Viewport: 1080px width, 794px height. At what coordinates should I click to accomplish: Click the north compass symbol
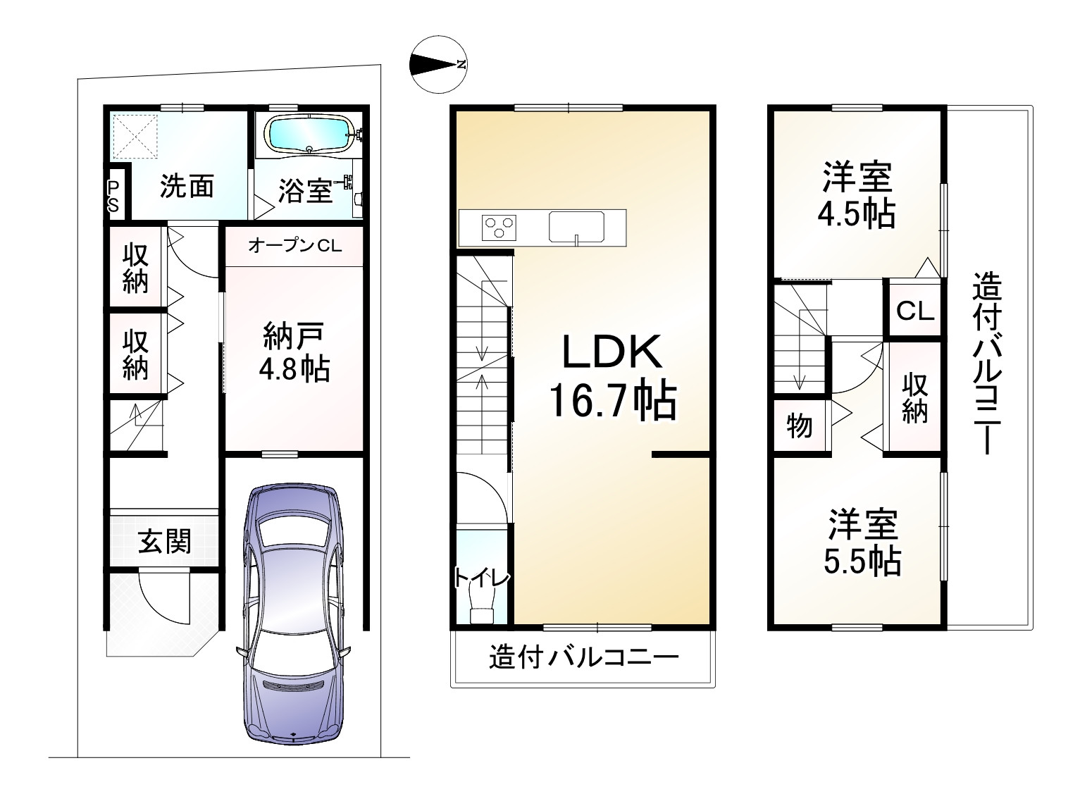point(437,64)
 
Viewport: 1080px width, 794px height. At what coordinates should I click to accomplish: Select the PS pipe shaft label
point(113,196)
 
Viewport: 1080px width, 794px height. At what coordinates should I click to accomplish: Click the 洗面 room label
point(187,186)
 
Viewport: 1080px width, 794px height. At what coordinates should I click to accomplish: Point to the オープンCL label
point(294,246)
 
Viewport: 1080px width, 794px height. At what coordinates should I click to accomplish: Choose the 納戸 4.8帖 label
point(294,352)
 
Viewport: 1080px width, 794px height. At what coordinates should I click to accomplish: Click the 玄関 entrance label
point(164,541)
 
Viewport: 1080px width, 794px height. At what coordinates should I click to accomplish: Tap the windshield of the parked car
point(294,532)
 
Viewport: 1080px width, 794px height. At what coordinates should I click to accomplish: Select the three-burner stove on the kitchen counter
point(499,228)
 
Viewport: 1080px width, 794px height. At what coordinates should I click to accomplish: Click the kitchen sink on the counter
point(576,227)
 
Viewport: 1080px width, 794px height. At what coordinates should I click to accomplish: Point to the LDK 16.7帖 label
point(613,376)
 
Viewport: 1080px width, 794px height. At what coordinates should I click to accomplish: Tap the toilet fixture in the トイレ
point(482,605)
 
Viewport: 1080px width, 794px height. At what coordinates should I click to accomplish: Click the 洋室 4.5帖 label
point(857,195)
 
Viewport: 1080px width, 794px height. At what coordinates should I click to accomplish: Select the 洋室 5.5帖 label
point(862,542)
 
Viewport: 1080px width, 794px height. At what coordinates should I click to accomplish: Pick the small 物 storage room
point(800,426)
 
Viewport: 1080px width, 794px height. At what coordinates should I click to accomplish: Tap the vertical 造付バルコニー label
point(986,364)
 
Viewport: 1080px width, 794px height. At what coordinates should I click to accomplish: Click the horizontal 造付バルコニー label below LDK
point(584,657)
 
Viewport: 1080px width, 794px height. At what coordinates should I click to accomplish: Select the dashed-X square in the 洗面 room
point(135,137)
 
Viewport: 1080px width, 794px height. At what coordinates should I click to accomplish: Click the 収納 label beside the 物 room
point(914,398)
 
